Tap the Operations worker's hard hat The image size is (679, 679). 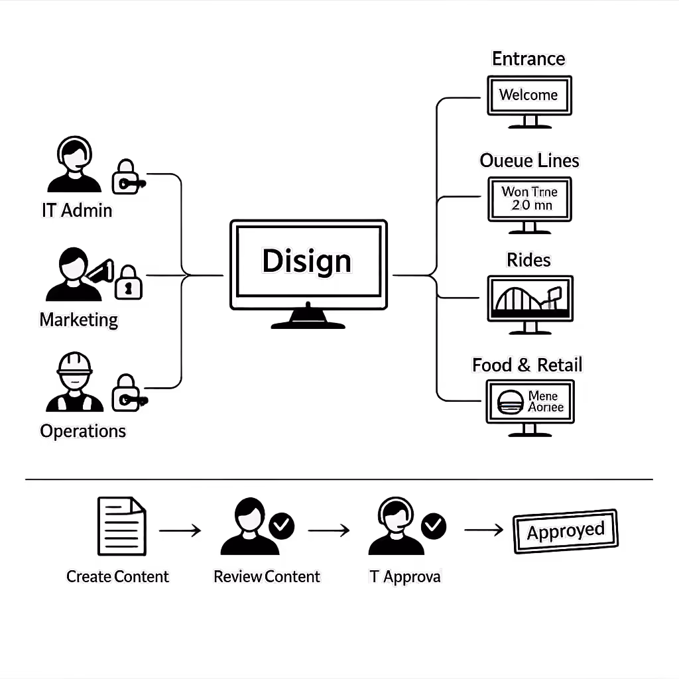pos(74,363)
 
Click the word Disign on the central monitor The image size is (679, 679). pos(307,261)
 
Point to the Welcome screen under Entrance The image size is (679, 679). pos(528,95)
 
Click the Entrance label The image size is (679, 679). pos(528,58)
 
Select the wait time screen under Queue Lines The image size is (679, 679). pos(529,198)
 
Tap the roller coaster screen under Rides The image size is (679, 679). pos(530,299)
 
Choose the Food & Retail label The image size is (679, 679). pos(527,364)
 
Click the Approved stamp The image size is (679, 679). pos(566,531)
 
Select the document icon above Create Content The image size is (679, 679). pos(121,527)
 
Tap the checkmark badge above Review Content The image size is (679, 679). pos(282,526)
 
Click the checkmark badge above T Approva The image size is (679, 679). pos(434,526)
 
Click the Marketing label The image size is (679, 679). pos(78,320)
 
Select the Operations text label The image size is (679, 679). pos(83,431)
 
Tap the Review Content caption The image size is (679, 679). pos(267,576)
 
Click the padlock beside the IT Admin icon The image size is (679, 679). pos(126,176)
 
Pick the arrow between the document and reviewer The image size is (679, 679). pos(180,530)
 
